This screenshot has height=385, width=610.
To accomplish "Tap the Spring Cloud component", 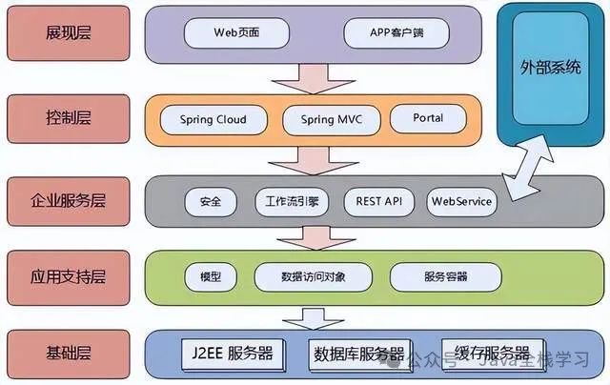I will coord(213,119).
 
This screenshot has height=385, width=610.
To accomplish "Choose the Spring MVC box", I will coord(331,119).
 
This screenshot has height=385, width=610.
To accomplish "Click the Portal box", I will coord(428,119).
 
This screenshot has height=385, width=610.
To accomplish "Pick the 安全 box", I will coord(211,202).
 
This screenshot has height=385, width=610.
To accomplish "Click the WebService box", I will coord(461,202).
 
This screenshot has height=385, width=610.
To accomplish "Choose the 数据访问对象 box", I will coord(314,276).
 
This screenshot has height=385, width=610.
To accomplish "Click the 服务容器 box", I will coord(445,276).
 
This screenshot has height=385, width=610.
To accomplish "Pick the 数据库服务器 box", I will coord(359,353).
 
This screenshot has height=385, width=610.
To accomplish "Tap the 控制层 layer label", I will coord(69,119).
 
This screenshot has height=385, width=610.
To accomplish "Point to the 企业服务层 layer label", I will coord(69,201).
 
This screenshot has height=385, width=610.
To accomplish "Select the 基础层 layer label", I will coord(69,352).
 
